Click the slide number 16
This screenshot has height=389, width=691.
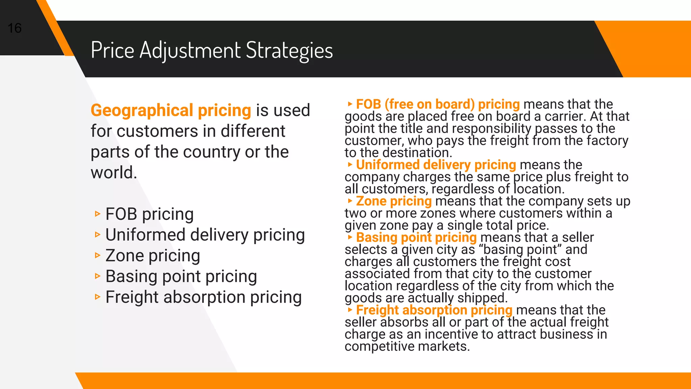[15, 28]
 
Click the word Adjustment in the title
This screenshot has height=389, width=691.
[190, 50]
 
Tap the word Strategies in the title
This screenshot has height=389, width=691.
[289, 50]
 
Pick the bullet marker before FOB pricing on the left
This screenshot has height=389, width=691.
[98, 214]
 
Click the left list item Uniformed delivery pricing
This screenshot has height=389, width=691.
[205, 235]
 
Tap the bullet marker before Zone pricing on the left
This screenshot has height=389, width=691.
[98, 255]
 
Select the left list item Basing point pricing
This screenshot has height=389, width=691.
[181, 276]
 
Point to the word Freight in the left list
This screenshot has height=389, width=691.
[132, 297]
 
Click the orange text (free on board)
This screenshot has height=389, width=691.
[430, 104]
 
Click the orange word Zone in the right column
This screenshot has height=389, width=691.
[371, 201]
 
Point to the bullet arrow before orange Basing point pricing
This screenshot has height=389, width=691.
[350, 237]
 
